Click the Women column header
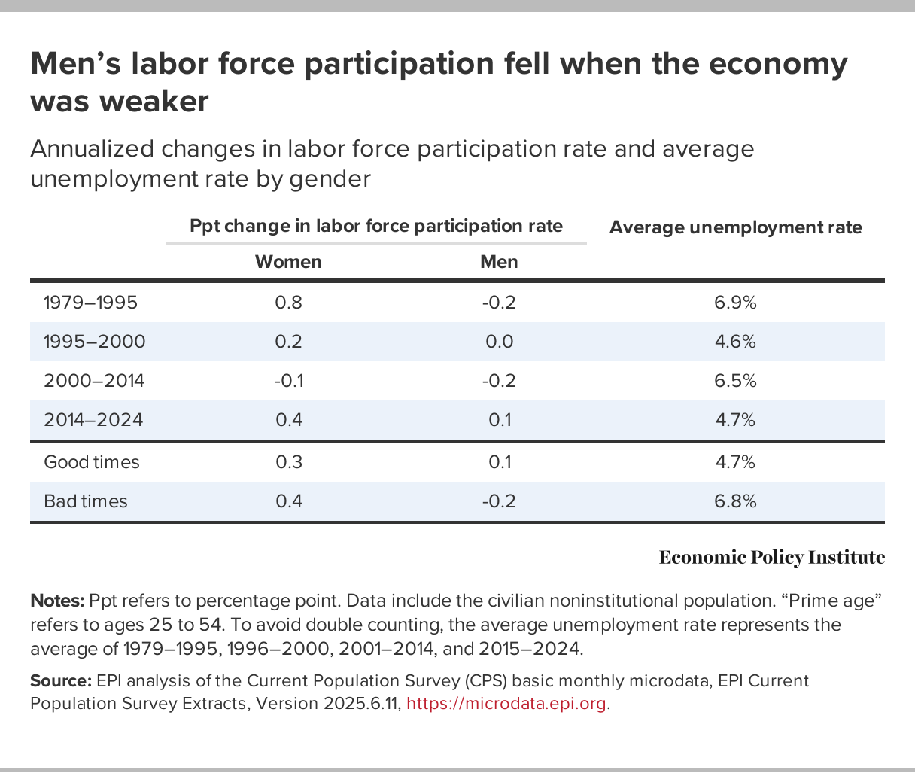[288, 262]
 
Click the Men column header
[499, 262]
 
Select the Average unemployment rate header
[735, 227]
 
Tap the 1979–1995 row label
[90, 303]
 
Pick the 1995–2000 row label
[94, 342]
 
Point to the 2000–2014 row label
[94, 381]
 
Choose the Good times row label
[92, 462]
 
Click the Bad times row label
[86, 501]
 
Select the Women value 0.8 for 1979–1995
[288, 303]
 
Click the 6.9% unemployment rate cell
[735, 303]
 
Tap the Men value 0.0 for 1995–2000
[499, 342]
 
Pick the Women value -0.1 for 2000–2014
[288, 381]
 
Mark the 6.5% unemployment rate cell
[735, 381]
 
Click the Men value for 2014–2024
[499, 420]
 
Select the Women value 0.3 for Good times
[288, 462]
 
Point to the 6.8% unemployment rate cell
[735, 501]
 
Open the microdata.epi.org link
[506, 704]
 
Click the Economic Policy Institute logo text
[771, 558]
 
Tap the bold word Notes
[57, 601]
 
